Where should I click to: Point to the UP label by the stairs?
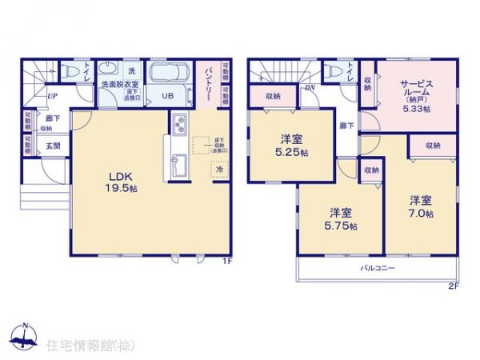(51, 96)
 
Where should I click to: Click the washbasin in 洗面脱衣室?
(110, 69)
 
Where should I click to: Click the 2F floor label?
(453, 284)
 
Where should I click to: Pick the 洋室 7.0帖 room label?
(422, 206)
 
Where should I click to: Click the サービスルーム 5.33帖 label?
(416, 97)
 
